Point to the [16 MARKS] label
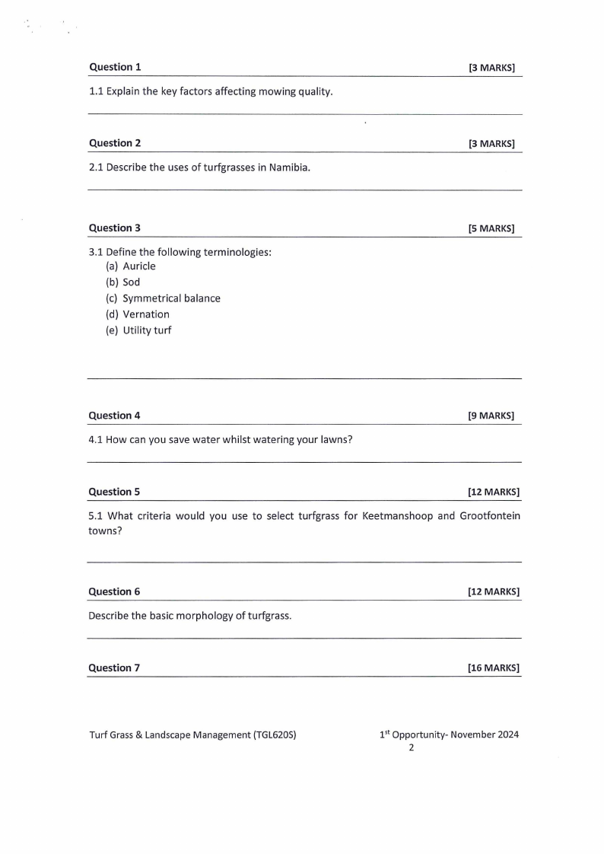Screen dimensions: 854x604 tap(494, 668)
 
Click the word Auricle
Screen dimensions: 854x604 tap(139, 266)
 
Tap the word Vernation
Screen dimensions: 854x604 tap(146, 314)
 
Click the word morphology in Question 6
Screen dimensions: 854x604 tap(194, 615)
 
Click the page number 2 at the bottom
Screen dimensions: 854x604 tap(412, 748)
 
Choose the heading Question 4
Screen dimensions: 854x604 tap(114, 416)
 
